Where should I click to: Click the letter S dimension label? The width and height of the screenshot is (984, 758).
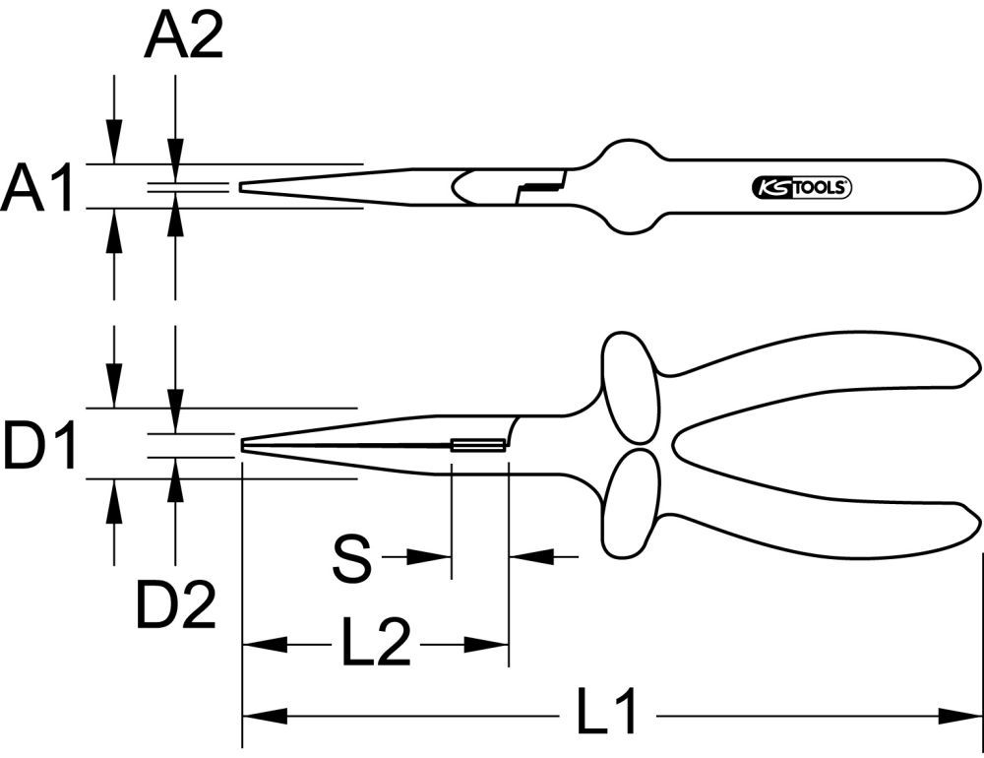pos(350,558)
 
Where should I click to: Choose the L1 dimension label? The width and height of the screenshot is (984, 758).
pos(608,715)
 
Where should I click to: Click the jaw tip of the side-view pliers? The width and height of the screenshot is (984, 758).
pos(244,445)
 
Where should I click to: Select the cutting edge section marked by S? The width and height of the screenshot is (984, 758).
pos(479,446)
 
